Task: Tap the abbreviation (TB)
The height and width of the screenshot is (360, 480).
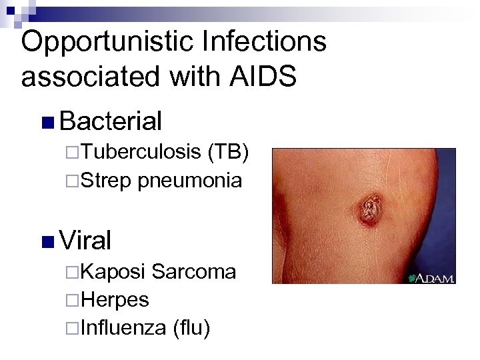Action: click(x=229, y=154)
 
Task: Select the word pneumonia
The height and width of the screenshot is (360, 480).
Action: click(x=190, y=180)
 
